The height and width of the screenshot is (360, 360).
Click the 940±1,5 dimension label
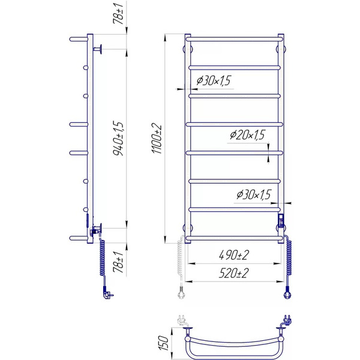coord(119,139)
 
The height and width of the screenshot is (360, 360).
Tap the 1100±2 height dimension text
coord(157,139)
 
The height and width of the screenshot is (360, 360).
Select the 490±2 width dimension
coord(234,255)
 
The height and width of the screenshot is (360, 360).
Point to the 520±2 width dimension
coord(234,273)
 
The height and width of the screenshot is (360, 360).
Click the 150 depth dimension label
coord(163,343)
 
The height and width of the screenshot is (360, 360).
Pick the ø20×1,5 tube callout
coord(247,135)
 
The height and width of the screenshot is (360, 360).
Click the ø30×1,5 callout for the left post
coord(214,80)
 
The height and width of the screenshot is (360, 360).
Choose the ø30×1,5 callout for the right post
coord(254,194)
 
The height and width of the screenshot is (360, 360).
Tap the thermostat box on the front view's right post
coord(281,220)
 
